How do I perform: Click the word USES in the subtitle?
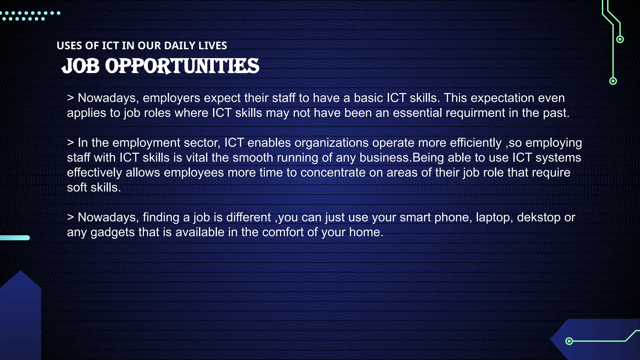[69, 46]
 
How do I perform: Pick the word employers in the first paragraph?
[171, 98]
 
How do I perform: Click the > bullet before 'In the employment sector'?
[70, 143]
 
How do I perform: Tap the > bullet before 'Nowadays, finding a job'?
[70, 217]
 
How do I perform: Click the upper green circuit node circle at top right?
[620, 39]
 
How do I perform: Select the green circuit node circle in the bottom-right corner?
[569, 341]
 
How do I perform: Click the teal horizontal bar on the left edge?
[15, 238]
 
